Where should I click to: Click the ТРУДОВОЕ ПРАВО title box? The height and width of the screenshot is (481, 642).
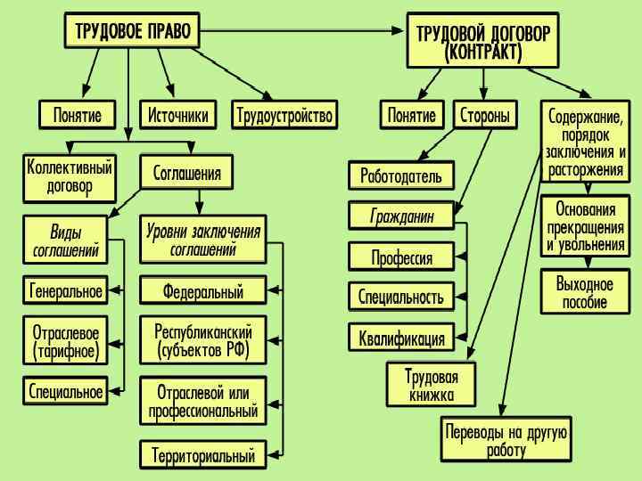coord(132,31)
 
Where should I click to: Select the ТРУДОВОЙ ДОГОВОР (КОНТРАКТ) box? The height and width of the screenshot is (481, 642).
coord(482,41)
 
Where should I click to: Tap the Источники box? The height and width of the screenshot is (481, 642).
coord(178,116)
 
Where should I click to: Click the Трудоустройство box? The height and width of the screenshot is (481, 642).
coord(284,116)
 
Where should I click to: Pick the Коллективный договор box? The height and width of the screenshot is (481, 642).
coord(70,177)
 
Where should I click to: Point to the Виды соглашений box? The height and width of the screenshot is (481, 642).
coord(65,241)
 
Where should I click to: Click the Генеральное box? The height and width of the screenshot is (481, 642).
coord(66,291)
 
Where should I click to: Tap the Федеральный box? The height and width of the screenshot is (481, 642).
coord(203,291)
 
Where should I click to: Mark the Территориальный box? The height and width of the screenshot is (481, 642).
coord(203,456)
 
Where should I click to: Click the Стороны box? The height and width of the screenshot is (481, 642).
coord(485,116)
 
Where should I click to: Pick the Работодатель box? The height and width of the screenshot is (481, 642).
coord(401,175)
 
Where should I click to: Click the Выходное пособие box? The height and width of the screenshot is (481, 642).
coord(585,293)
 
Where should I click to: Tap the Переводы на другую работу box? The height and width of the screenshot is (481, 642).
coord(506,440)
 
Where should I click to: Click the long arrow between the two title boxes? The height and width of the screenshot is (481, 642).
coord(303,30)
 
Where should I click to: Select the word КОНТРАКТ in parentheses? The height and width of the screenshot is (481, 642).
coord(482,53)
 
